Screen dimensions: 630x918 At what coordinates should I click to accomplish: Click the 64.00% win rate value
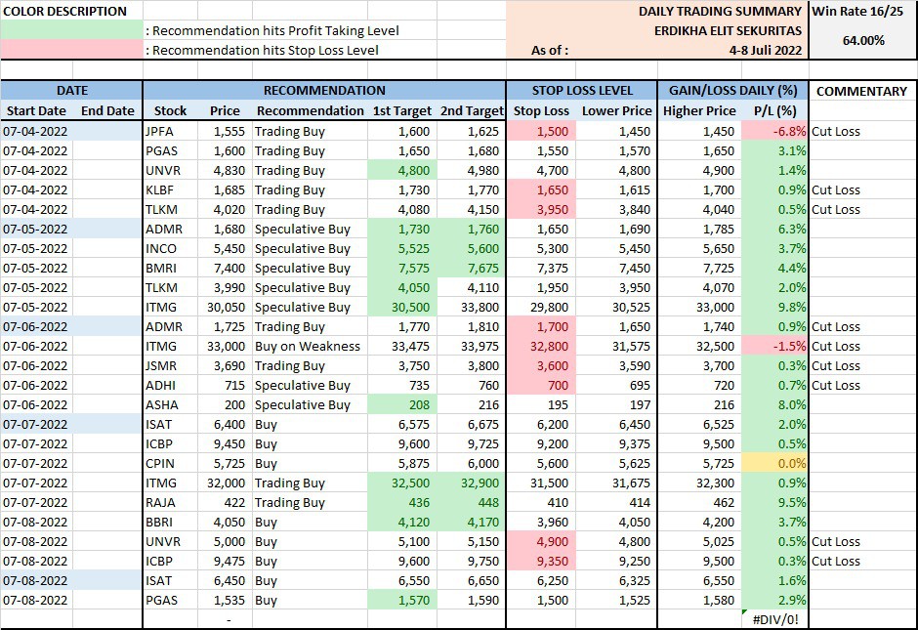tap(863, 41)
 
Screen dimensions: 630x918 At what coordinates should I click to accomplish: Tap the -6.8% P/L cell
tap(774, 131)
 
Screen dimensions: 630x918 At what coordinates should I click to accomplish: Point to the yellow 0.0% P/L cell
tap(774, 463)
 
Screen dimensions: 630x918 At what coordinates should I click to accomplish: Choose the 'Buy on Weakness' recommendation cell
tap(308, 346)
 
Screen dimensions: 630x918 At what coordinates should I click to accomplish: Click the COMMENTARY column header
tap(861, 91)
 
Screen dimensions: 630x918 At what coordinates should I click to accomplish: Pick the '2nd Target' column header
tap(471, 111)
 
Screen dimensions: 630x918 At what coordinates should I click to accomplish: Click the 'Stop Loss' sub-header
tap(541, 111)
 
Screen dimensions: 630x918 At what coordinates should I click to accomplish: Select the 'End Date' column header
tap(107, 111)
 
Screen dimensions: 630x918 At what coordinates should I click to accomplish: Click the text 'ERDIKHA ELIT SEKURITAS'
tap(728, 31)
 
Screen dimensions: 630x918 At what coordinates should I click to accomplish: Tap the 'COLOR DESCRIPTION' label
tap(64, 12)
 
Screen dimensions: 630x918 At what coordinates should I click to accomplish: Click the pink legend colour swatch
tap(71, 50)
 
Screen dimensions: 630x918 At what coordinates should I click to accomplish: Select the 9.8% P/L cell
tap(774, 307)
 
